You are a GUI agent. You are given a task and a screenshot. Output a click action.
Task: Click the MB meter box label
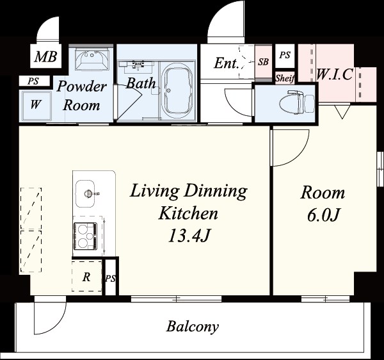46,56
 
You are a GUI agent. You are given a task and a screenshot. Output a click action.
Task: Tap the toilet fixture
296,102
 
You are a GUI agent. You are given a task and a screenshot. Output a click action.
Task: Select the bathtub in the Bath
178,91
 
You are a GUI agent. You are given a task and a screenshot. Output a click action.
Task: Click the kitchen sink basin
85,193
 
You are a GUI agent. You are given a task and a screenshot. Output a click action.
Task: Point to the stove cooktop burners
85,236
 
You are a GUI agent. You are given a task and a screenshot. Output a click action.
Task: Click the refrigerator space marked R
86,276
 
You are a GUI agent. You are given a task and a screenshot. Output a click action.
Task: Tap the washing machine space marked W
35,105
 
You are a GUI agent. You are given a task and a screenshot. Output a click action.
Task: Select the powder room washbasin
92,60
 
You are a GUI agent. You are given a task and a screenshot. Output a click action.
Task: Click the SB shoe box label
263,61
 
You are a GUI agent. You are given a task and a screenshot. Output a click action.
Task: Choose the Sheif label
285,78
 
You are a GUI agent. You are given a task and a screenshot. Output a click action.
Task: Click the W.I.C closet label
335,74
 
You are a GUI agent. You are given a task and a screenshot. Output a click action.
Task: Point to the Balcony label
193,327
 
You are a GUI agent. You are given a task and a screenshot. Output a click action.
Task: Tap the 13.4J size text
189,236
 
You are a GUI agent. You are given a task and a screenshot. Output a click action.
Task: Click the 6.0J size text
323,215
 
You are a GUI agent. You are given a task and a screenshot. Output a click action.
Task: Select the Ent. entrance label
227,63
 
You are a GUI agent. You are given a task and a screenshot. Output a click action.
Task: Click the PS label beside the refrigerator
110,279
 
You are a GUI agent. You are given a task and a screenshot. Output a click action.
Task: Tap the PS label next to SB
285,55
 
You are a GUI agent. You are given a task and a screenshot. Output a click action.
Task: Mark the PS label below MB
33,81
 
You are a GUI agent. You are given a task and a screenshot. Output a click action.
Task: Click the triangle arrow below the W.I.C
342,112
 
